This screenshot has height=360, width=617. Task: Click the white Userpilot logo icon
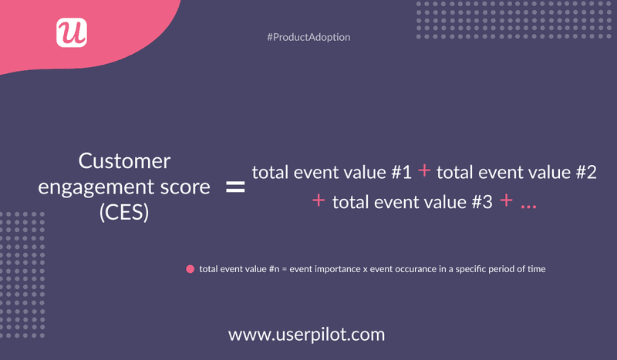tap(72, 32)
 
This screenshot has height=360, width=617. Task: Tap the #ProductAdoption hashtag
tap(308, 37)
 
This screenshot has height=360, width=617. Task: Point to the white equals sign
tap(234, 187)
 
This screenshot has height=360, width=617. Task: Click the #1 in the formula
tap(401, 173)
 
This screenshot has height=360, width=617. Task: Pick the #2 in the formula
tap(585, 173)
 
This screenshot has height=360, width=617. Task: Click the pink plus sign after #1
tap(424, 172)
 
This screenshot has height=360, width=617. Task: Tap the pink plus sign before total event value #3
tap(319, 201)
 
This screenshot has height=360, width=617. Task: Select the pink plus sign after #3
tap(506, 201)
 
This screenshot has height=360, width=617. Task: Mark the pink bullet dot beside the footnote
tap(189, 270)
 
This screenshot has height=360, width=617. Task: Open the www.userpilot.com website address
tap(306, 335)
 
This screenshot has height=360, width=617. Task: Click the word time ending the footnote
tap(537, 270)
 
